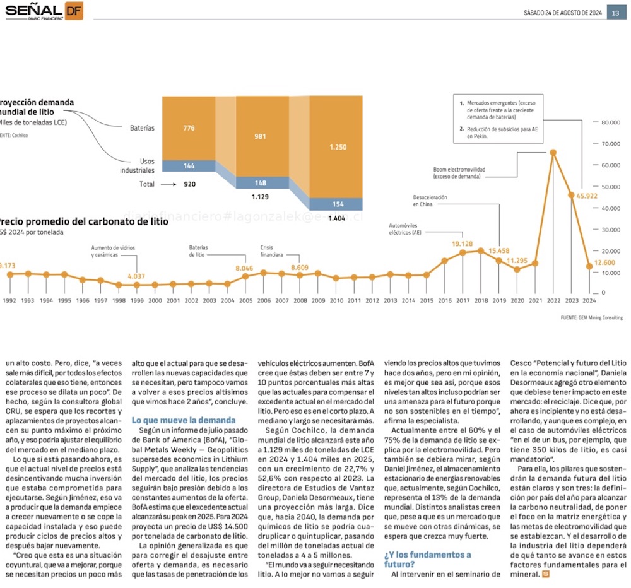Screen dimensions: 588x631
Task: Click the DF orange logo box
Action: (73, 10)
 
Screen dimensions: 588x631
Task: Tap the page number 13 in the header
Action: (615, 13)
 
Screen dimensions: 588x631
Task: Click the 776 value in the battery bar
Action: (189, 128)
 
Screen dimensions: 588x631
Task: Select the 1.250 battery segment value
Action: (338, 147)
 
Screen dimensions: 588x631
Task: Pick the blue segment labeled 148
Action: (261, 183)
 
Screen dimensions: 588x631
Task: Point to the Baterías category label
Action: (142, 128)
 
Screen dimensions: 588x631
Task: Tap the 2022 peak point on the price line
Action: (553, 152)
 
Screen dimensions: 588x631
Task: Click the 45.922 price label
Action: (587, 196)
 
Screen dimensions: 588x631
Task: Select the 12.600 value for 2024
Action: (604, 262)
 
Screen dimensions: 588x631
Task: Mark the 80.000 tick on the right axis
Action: (610, 122)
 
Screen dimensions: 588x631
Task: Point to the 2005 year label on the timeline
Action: (245, 301)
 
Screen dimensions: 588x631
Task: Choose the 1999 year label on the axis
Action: (136, 301)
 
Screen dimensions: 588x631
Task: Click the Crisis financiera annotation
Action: (271, 251)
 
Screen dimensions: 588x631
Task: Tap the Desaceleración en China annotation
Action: (431, 201)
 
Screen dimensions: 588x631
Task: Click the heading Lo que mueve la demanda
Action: (183, 420)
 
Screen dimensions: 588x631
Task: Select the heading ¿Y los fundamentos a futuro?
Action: (427, 559)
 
